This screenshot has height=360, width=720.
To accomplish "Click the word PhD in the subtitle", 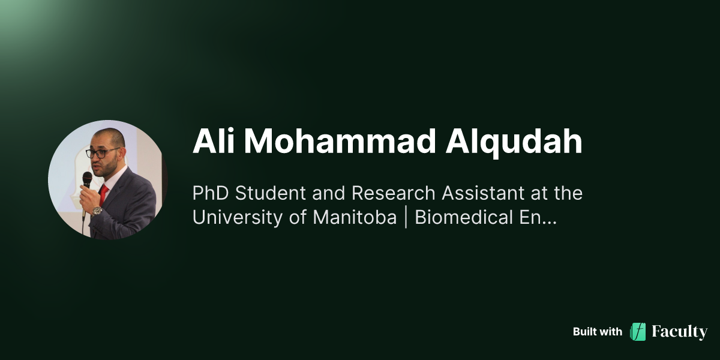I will (209, 193).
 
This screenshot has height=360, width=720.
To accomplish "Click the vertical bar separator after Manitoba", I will (406, 217).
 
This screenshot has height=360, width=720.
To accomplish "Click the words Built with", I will (597, 332).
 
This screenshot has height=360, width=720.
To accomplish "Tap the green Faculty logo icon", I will (638, 332).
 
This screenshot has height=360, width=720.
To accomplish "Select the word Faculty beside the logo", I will (680, 332).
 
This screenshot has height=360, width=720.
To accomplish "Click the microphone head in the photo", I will (88, 178).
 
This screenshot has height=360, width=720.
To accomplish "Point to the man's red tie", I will (104, 193).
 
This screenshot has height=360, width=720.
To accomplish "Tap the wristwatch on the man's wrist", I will (97, 211).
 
